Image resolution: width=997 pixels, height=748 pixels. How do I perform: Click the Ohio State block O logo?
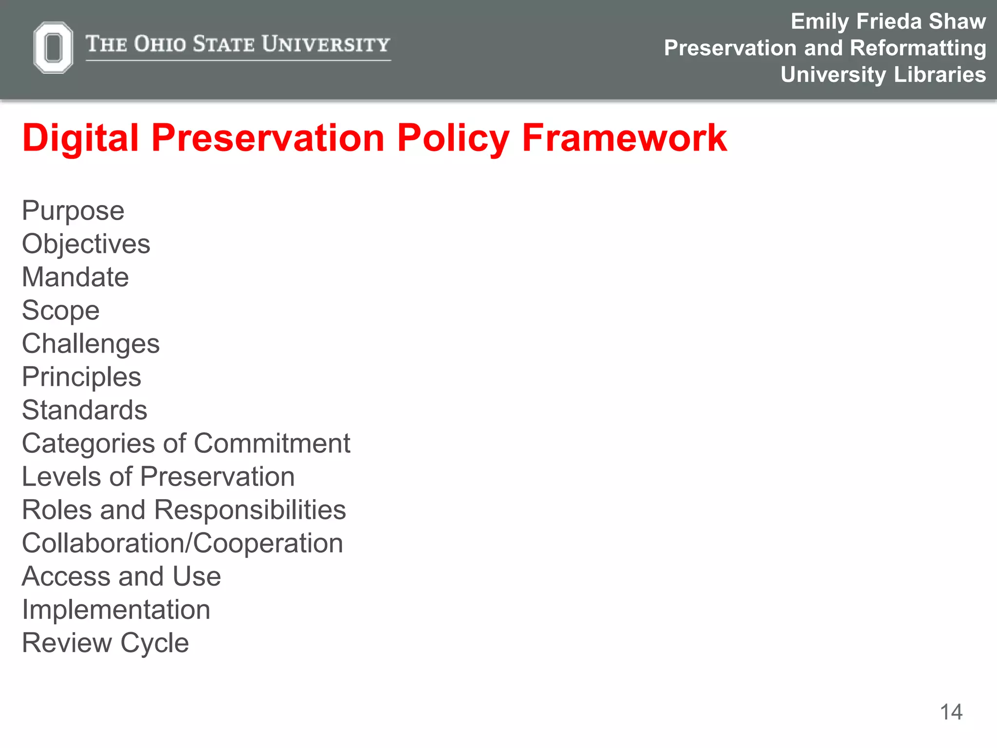(53, 48)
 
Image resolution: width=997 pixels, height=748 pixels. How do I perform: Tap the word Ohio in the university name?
(160, 44)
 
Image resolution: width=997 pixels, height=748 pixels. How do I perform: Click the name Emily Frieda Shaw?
(888, 21)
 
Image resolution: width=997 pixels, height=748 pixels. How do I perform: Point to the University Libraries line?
(883, 75)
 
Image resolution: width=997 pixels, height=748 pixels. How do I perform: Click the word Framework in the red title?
(624, 138)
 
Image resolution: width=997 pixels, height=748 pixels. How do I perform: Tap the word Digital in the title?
(80, 138)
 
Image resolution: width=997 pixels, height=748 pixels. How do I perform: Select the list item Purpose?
(73, 211)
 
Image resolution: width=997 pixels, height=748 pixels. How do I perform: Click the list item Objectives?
(86, 244)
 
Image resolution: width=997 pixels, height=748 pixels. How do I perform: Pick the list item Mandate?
(75, 277)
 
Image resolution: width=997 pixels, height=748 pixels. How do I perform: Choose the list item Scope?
(61, 311)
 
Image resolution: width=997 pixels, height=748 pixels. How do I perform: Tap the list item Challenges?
(91, 344)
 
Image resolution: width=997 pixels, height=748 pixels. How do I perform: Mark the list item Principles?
(81, 377)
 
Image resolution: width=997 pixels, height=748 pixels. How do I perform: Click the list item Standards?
(84, 410)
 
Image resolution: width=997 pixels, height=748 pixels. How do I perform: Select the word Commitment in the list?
(272, 444)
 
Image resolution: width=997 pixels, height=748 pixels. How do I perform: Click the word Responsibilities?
(250, 510)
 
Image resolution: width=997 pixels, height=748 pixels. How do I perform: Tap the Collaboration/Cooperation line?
(183, 543)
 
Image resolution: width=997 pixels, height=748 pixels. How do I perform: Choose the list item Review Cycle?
(105, 643)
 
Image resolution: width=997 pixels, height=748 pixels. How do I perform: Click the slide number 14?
(951, 712)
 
